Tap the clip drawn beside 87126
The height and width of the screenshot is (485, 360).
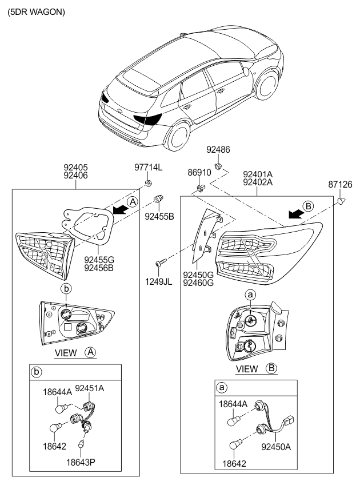(343, 201)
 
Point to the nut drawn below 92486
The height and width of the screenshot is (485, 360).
(218, 166)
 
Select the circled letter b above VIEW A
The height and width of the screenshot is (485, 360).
(66, 289)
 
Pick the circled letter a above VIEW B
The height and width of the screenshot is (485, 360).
(250, 294)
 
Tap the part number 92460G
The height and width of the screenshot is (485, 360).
(198, 283)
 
